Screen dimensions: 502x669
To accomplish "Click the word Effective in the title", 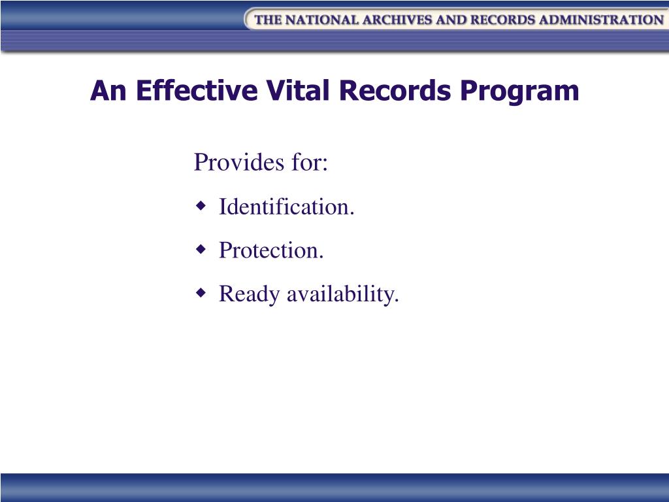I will [196, 91].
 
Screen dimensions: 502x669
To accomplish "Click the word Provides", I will [235, 162].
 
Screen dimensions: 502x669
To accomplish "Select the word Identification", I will [286, 207].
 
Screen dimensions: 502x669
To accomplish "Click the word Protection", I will [271, 250].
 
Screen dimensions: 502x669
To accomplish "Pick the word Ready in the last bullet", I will [246, 295].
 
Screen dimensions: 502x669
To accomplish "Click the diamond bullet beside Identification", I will [202, 207].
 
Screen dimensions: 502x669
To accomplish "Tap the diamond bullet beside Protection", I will [202, 250].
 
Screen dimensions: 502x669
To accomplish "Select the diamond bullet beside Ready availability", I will [202, 293].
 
